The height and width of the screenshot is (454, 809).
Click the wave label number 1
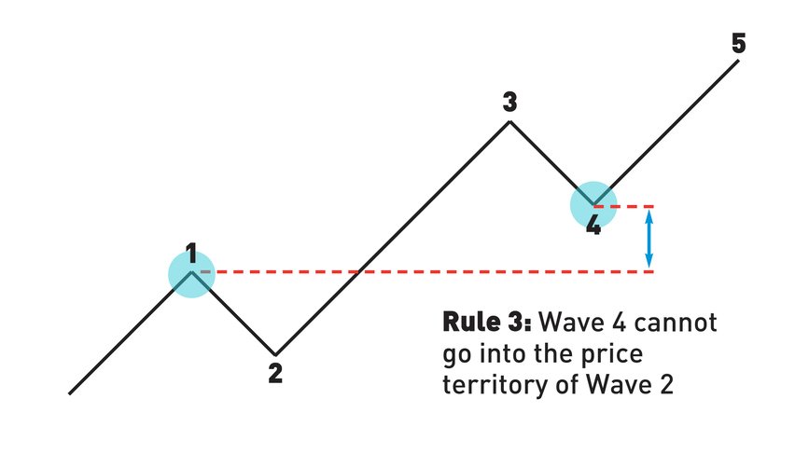click(191, 253)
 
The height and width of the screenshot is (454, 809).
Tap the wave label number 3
click(509, 103)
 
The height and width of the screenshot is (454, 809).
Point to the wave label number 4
click(593, 225)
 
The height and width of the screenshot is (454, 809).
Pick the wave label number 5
click(739, 43)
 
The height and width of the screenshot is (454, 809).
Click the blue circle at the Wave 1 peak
click(191, 273)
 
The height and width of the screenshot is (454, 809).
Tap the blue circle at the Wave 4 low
click(593, 206)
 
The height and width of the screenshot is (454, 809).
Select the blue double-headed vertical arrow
click(650, 239)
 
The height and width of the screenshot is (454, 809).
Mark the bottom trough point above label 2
click(274, 352)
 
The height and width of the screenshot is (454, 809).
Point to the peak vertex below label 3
click(509, 122)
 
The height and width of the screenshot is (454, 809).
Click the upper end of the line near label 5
click(739, 62)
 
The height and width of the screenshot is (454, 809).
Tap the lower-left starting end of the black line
click(70, 392)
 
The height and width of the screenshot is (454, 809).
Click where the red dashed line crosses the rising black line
click(358, 271)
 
